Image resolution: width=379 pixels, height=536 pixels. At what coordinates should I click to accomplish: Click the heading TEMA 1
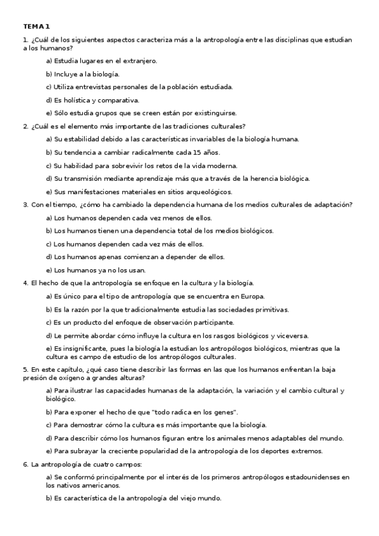(x=36, y=27)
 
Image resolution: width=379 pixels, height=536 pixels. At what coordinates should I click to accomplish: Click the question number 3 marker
(x=25, y=204)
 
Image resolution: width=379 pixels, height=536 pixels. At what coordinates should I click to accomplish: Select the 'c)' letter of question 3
(x=49, y=243)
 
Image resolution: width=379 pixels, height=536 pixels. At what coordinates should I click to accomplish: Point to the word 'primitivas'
(x=271, y=309)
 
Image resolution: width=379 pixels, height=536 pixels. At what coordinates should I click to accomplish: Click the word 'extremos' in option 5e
(x=308, y=451)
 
